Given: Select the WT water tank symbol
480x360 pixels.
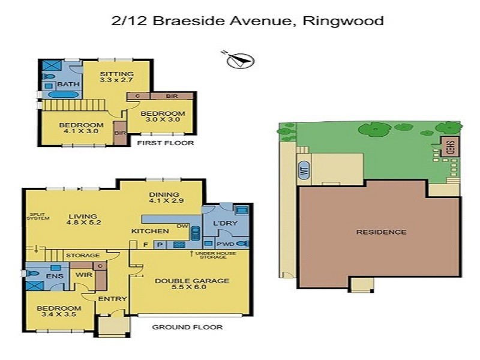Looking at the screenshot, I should (303, 170).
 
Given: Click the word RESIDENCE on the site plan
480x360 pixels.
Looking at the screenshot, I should (381, 232).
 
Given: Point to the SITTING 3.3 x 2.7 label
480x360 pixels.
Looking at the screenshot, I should (116, 76).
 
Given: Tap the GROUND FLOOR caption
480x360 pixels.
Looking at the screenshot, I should (187, 327).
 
